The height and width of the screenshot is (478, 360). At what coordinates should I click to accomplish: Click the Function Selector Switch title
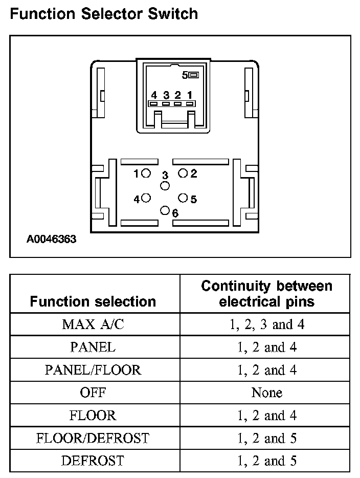click(x=104, y=13)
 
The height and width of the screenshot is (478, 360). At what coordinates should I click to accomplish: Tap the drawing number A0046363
click(x=52, y=239)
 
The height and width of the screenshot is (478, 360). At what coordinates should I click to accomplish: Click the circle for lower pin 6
click(x=165, y=210)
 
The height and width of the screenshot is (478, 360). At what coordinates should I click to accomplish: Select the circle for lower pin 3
click(x=165, y=185)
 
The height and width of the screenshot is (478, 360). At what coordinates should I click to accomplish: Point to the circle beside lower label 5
click(x=183, y=198)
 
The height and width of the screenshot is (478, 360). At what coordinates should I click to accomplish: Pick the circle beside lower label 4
click(x=146, y=198)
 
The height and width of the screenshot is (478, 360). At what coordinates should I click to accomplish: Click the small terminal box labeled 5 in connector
click(x=193, y=75)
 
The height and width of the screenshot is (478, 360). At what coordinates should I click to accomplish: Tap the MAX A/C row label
click(x=93, y=324)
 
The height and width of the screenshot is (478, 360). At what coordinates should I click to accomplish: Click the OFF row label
click(x=93, y=393)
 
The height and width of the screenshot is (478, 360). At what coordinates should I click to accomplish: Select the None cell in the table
click(x=266, y=393)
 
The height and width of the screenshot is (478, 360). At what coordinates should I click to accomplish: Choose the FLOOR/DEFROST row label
click(x=93, y=438)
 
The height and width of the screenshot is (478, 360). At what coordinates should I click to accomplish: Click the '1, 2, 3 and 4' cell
click(x=266, y=324)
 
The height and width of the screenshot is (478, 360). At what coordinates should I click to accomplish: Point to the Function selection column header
click(x=93, y=301)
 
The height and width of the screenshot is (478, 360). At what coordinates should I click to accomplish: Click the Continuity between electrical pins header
click(x=266, y=293)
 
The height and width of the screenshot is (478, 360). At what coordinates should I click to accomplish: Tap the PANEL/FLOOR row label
click(x=93, y=370)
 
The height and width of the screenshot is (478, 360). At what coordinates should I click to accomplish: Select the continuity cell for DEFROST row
click(x=266, y=461)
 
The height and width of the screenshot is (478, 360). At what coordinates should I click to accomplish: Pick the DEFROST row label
click(x=93, y=461)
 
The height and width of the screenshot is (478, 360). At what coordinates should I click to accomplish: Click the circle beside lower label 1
click(x=146, y=173)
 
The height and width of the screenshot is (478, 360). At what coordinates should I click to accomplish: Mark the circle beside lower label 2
click(x=183, y=173)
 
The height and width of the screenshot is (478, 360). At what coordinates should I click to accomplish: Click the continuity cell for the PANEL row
click(x=266, y=347)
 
